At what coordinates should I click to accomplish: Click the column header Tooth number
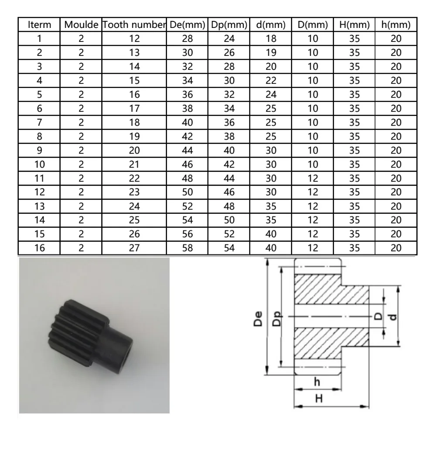click(x=134, y=24)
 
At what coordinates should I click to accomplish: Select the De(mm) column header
click(x=187, y=24)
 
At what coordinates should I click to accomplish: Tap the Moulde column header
click(x=81, y=24)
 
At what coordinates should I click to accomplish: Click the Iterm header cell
click(x=39, y=24)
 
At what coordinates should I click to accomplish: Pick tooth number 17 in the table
click(x=134, y=109)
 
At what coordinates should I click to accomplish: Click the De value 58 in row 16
click(x=187, y=248)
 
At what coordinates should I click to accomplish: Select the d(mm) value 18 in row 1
click(x=271, y=38)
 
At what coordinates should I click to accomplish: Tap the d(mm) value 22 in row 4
click(x=271, y=80)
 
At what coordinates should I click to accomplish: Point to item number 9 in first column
click(x=39, y=151)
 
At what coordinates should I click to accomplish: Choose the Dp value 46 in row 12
click(x=229, y=192)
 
